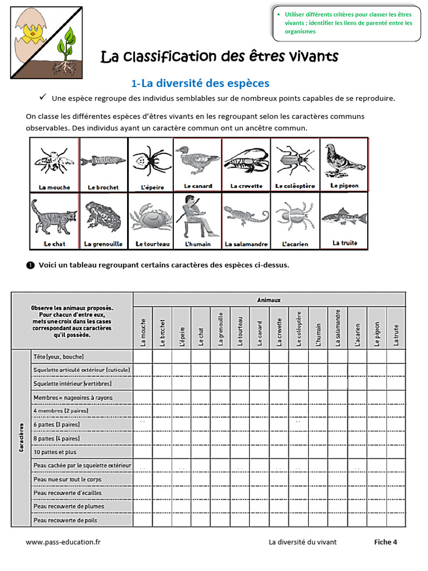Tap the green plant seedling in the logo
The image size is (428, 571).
coord(67,47)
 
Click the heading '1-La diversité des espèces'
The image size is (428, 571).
coord(200,83)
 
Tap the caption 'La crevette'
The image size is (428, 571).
coord(246,186)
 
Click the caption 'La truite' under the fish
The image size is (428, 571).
coord(344,243)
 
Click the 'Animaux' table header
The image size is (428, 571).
coord(269,299)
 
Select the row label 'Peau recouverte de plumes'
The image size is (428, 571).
coord(69,506)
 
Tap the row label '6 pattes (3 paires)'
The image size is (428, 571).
coord(56,424)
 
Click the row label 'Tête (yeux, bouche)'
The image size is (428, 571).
coord(59,356)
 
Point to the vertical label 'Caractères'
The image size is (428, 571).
coord(21,437)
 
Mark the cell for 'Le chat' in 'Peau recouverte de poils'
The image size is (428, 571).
coord(201,520)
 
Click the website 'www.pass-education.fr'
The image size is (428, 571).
coord(63,541)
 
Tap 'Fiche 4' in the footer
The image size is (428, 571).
coord(385,541)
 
